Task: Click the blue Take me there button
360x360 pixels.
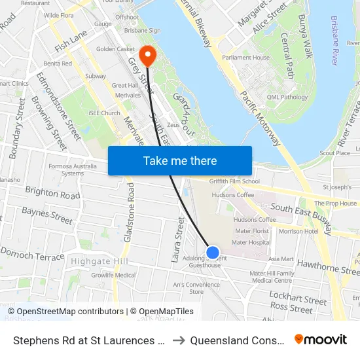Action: (180, 160)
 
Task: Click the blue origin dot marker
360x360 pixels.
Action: (212, 252)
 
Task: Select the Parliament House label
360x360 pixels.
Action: (245, 58)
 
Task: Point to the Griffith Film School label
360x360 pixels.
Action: (234, 181)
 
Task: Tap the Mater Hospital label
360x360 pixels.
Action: (251, 242)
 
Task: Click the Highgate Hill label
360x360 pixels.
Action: (98, 262)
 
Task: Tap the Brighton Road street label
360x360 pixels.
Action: (52, 192)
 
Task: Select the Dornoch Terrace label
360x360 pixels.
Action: (33, 254)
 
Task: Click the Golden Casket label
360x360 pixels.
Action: (115, 49)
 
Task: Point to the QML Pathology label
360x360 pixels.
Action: (287, 98)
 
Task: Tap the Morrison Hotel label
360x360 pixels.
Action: (298, 231)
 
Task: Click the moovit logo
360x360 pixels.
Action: (321, 339)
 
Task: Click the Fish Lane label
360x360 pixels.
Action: (71, 44)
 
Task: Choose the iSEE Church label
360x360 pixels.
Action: (105, 113)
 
